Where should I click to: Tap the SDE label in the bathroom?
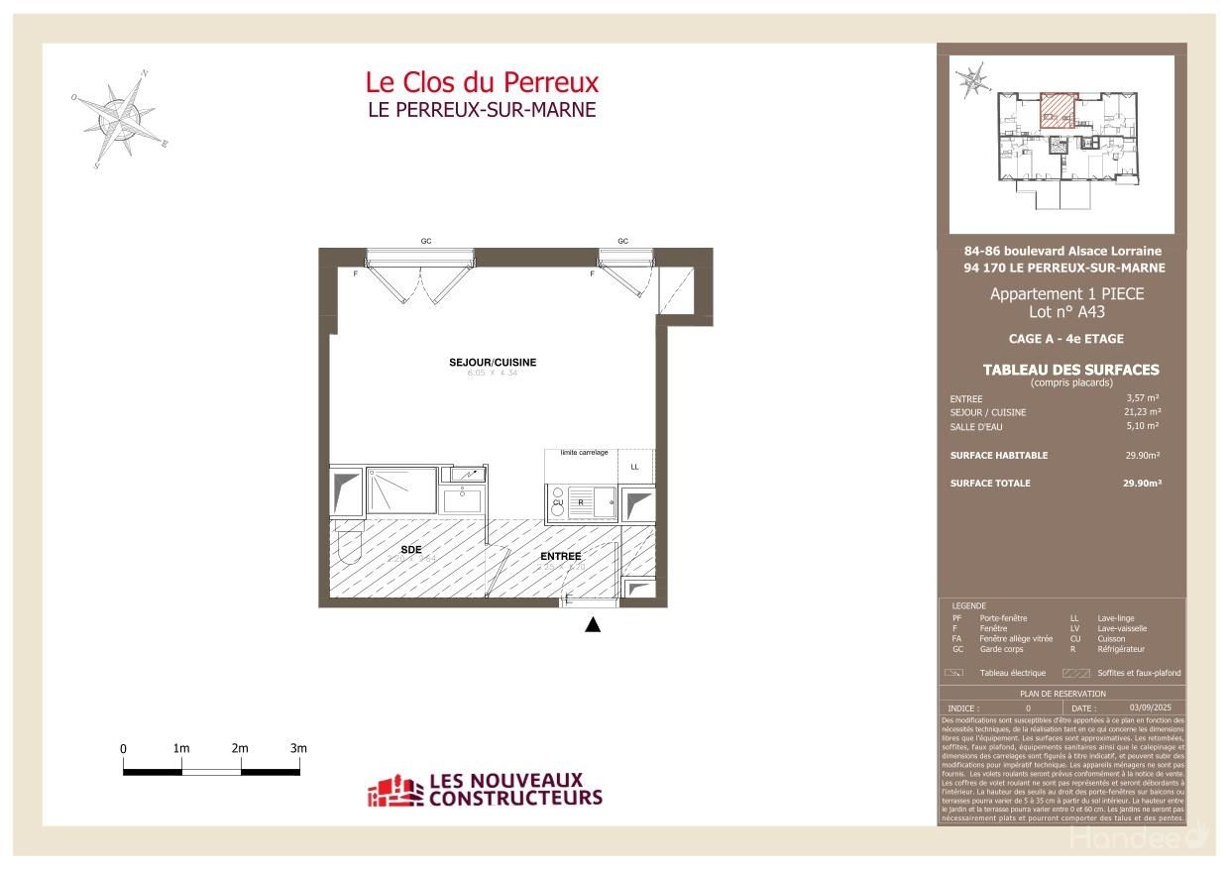pyautogui.click(x=411, y=549)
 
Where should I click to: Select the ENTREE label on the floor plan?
pyautogui.click(x=560, y=557)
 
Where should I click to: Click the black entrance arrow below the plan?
pyautogui.click(x=593, y=624)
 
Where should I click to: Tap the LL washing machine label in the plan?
pyautogui.click(x=634, y=467)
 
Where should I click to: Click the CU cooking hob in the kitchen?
pyautogui.click(x=558, y=502)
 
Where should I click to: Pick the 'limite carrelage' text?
pyautogui.click(x=584, y=453)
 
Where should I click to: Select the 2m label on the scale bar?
pyautogui.click(x=240, y=748)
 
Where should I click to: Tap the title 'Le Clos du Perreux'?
pyautogui.click(x=482, y=81)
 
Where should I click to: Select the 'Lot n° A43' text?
pyautogui.click(x=1065, y=312)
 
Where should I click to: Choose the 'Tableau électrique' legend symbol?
pyautogui.click(x=955, y=673)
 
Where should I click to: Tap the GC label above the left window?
pyautogui.click(x=426, y=242)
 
